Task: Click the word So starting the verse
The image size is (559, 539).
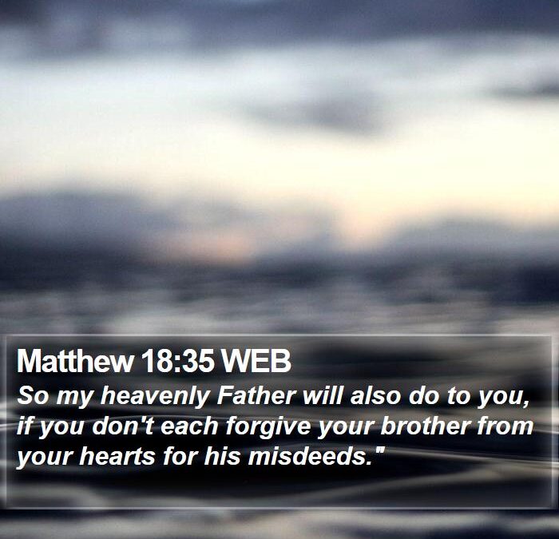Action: pos(30,396)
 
